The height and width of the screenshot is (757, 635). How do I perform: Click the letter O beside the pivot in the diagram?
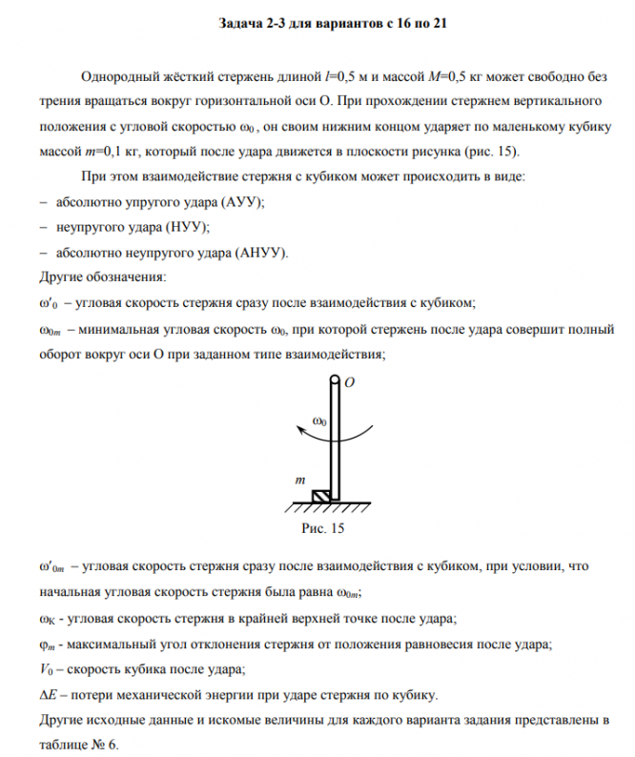point(349,381)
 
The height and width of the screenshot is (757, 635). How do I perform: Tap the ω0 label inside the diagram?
point(321,419)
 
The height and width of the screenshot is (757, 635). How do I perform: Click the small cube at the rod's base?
point(322,494)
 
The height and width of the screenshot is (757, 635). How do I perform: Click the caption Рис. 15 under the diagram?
point(322,527)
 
